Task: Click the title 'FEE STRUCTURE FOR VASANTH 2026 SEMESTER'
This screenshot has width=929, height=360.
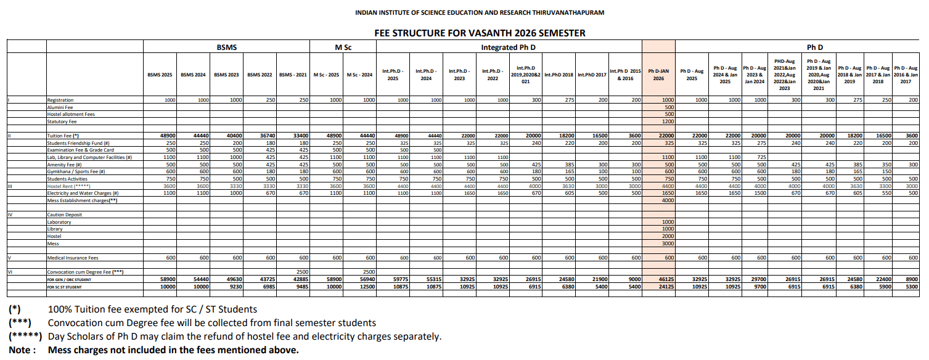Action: [x=480, y=33]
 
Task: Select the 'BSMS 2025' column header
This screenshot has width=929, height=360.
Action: [x=160, y=75]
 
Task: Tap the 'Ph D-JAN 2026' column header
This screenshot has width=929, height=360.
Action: [x=658, y=75]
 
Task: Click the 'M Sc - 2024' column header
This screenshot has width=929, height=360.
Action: [x=360, y=75]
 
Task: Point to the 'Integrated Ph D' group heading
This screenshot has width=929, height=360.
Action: [x=508, y=47]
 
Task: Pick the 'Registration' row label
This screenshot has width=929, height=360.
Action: [x=60, y=100]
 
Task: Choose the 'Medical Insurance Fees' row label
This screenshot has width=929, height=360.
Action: [x=73, y=258]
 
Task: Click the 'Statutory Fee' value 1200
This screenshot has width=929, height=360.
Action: [x=668, y=121]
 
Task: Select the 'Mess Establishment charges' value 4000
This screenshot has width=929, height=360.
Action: [x=668, y=200]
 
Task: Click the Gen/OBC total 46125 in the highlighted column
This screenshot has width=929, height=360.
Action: [x=666, y=279]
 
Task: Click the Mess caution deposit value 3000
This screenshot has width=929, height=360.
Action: [x=668, y=243]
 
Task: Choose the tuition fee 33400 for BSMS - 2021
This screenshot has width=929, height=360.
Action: [x=299, y=136]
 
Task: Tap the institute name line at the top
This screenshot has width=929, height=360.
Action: [x=480, y=12]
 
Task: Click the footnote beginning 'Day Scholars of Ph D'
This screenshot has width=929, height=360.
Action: [x=244, y=337]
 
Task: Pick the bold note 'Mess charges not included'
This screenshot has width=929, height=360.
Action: [x=173, y=350]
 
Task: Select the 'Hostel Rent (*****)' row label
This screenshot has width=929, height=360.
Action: [x=69, y=186]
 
